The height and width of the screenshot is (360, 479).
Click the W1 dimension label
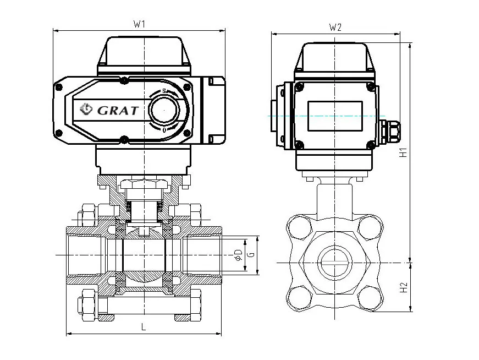139,24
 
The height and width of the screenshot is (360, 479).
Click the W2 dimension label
335,28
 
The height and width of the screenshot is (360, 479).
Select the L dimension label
143,327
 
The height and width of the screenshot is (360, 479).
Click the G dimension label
251,255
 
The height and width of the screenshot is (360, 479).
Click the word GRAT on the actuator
118,110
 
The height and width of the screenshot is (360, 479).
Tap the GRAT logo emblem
87,109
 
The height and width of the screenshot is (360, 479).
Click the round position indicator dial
164,110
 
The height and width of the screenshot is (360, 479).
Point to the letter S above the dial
163,91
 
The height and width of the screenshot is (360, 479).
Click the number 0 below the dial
164,130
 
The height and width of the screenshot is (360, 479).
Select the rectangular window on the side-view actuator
334,116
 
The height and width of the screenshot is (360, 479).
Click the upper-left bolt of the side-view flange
300,226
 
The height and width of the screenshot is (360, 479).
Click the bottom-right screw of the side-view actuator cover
371,145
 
